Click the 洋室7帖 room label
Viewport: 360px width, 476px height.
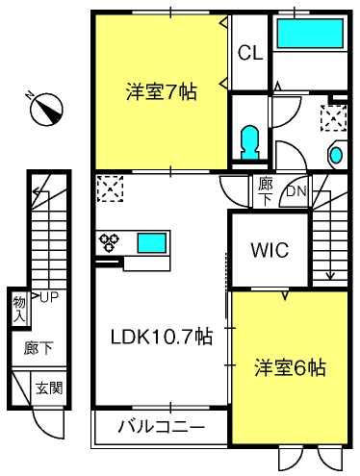coord(162,92)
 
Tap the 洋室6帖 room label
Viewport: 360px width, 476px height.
coord(290,367)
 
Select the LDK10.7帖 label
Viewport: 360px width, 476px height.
coord(162,337)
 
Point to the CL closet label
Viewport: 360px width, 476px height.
coord(250,53)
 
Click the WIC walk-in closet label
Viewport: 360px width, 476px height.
coord(270,250)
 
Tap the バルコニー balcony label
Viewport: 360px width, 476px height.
coord(162,427)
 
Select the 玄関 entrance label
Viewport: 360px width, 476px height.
coord(49,388)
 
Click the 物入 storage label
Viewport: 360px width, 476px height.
coord(19,310)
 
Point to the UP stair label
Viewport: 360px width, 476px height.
coord(49,298)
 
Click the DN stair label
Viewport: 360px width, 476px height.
coord(296,191)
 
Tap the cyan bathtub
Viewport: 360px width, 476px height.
coord(310,34)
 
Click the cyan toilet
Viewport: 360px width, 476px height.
coord(249,142)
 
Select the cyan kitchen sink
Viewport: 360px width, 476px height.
coord(152,242)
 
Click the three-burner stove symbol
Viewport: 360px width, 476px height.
coord(109,242)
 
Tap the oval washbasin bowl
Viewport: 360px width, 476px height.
coord(337,155)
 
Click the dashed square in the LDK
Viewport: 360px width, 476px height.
coord(110,188)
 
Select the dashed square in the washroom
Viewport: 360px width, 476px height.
coord(334,118)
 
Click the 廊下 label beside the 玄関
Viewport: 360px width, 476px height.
coord(39,348)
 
